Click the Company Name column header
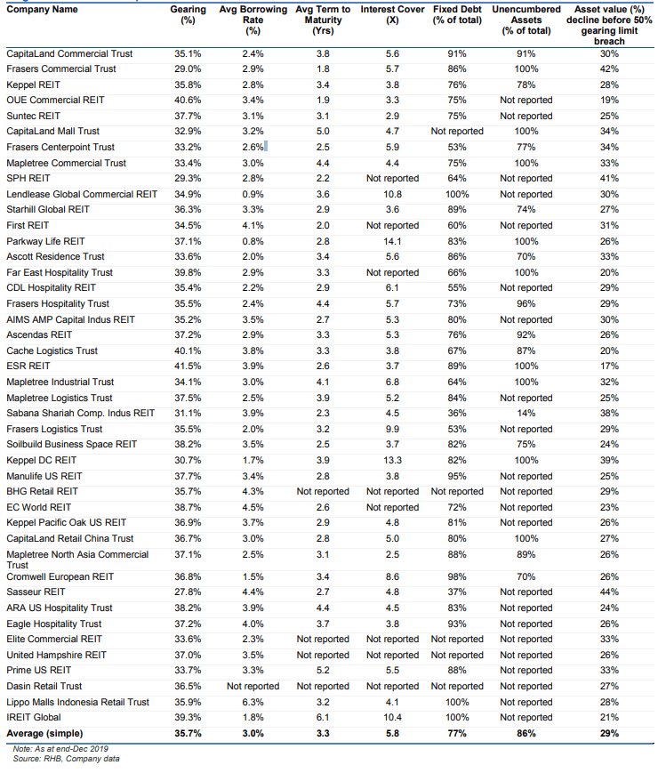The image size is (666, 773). coord(42,9)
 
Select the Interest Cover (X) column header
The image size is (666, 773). coord(392,14)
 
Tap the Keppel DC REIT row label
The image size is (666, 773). coord(43,460)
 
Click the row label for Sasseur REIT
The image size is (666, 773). coord(36,592)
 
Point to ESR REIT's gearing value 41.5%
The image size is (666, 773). coord(187,366)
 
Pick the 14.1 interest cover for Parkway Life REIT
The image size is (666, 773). coord(392,241)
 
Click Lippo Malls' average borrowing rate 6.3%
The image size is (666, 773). coord(253,702)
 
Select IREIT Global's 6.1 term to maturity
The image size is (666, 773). coord(323,717)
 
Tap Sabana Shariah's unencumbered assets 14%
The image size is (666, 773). coord(526,413)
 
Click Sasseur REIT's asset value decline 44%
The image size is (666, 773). coord(609,592)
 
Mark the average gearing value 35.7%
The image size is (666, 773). coord(187,733)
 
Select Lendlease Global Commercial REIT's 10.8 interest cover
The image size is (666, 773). coord(392,194)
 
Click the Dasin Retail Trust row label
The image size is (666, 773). coord(44,686)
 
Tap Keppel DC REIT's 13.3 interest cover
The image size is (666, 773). coord(392,460)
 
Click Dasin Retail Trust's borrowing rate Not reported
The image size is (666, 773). coord(253,686)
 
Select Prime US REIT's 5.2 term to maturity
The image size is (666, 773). coord(323,670)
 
